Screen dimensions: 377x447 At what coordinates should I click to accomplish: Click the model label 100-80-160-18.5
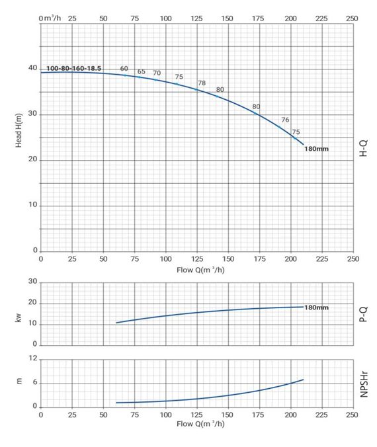(x=73, y=68)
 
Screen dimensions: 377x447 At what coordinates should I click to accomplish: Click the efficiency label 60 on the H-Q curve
(x=124, y=68)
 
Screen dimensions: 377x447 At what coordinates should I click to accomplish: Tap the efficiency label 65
(x=142, y=71)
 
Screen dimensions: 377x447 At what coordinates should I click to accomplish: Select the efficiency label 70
(x=157, y=73)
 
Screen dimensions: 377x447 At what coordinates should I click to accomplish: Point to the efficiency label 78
(x=202, y=83)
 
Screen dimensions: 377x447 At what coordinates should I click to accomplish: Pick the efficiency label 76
(x=285, y=120)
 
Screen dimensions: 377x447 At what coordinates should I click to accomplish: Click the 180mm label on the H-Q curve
(x=316, y=149)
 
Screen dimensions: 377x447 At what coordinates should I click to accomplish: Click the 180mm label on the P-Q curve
(x=316, y=307)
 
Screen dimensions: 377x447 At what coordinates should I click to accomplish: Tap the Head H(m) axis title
(x=19, y=130)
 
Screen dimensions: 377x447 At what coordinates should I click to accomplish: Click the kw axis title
(x=19, y=318)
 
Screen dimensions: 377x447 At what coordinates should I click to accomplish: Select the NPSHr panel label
(x=364, y=384)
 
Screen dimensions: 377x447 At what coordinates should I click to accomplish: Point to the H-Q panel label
(x=364, y=148)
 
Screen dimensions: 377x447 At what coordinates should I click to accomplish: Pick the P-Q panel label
(x=364, y=314)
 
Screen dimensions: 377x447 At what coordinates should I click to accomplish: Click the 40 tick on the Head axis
(x=33, y=68)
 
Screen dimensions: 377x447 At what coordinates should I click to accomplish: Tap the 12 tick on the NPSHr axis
(x=33, y=358)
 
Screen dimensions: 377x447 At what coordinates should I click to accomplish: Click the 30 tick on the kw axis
(x=33, y=282)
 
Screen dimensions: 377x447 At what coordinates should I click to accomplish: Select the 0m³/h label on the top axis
(x=50, y=19)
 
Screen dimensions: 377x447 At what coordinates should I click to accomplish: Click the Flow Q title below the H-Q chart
(x=200, y=270)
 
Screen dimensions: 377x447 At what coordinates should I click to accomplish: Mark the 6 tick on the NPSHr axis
(x=35, y=382)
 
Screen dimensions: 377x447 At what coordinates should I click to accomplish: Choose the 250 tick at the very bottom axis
(x=352, y=415)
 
